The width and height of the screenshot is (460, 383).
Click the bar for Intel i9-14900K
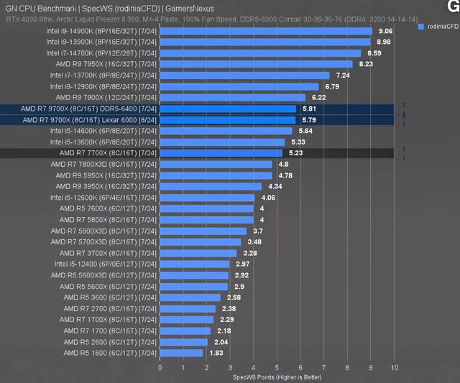266,31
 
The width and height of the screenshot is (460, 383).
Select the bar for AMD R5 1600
182,353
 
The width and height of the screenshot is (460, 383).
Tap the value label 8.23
366,64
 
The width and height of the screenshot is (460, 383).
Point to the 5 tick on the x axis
277,367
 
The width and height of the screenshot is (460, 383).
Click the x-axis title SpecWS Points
277,377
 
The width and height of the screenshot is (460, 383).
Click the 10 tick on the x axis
394,367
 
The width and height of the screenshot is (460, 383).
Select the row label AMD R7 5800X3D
103,231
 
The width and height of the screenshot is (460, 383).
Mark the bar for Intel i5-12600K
208,198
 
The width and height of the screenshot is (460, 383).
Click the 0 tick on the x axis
160,367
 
